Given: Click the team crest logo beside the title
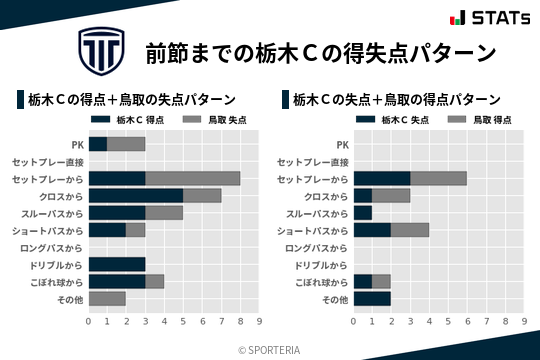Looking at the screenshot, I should click(x=100, y=49).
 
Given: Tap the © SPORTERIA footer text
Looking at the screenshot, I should click(x=270, y=349).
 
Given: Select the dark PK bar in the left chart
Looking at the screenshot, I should click(x=97, y=144).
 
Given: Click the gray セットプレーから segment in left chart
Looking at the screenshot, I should click(x=192, y=178).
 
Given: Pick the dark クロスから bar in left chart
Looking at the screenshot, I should click(x=136, y=195).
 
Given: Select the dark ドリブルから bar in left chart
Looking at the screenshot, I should click(x=117, y=264).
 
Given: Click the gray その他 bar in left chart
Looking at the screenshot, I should click(x=107, y=298).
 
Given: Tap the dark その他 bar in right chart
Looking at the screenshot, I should click(x=372, y=298).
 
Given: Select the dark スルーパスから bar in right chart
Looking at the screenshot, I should click(x=363, y=212).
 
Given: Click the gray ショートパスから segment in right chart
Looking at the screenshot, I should click(x=409, y=230).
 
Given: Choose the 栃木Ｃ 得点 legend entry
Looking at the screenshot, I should click(x=123, y=119).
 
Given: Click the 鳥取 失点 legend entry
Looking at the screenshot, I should click(x=214, y=119).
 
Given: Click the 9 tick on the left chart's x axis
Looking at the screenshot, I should click(x=259, y=321).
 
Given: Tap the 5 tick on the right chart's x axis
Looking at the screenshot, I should click(x=448, y=321).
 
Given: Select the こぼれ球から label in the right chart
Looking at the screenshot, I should click(x=318, y=282).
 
